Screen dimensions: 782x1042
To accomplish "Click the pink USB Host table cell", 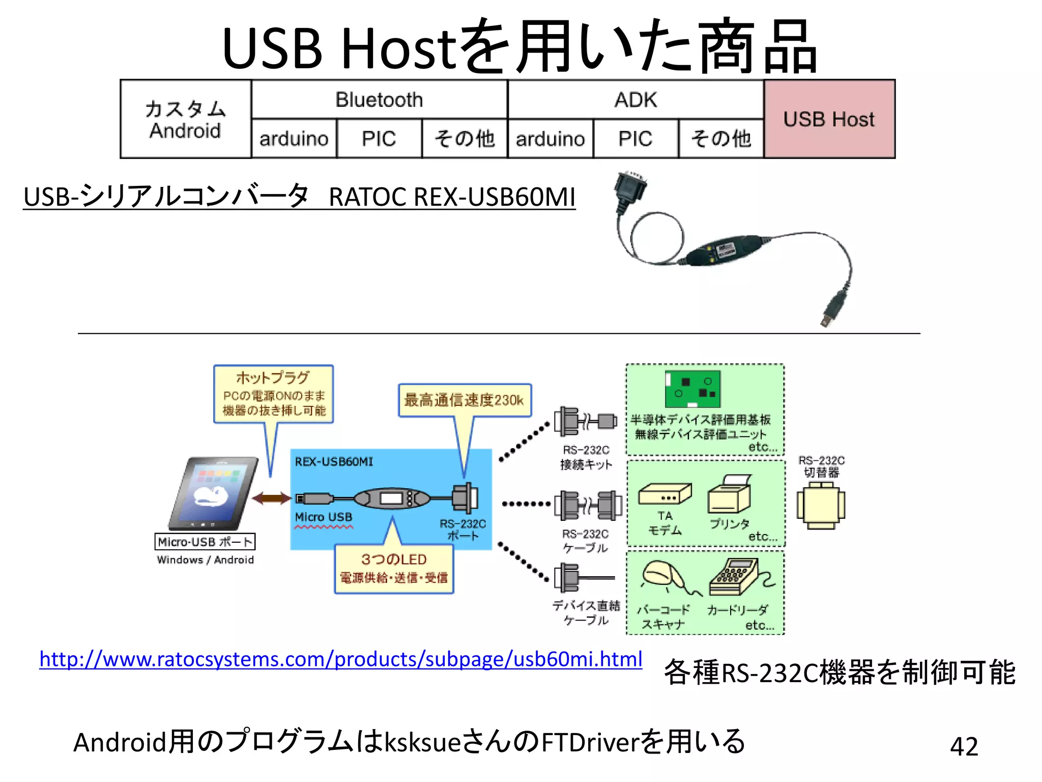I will click(x=829, y=119).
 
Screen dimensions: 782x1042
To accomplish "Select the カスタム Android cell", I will click(x=186, y=119).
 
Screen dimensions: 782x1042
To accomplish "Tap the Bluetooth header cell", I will click(x=379, y=100).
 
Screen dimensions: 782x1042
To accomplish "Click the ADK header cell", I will click(x=635, y=100).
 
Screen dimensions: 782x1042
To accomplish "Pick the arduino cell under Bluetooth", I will click(x=294, y=138).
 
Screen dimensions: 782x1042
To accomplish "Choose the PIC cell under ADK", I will click(x=635, y=138).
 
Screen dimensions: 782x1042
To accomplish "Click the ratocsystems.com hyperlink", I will click(x=340, y=659).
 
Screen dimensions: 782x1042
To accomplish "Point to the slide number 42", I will click(x=964, y=746).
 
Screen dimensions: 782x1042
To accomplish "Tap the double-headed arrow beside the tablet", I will click(x=272, y=498).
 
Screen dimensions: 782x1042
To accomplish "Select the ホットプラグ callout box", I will click(x=273, y=394).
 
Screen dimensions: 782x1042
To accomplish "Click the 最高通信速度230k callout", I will click(x=464, y=400).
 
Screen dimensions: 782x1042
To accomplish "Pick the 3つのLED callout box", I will click(x=393, y=569).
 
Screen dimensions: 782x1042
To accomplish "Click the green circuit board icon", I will click(x=692, y=389).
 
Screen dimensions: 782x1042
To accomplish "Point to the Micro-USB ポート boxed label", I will click(x=205, y=542).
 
